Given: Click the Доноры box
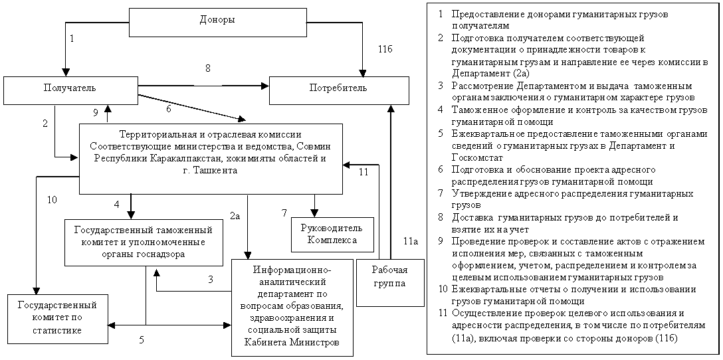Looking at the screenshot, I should [217, 21].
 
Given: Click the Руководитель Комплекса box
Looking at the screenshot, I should [332, 234].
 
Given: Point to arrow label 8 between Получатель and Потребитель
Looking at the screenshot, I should [207, 68].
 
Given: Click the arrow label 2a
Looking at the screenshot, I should [236, 215].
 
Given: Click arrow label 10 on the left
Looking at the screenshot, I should [52, 199].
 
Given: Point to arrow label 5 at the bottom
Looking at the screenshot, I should [141, 339].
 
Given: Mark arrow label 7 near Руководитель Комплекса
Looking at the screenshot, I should [284, 213].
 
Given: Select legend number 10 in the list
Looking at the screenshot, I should [443, 289].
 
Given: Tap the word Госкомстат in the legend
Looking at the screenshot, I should [476, 157].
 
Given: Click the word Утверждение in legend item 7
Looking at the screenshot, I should [478, 193].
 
